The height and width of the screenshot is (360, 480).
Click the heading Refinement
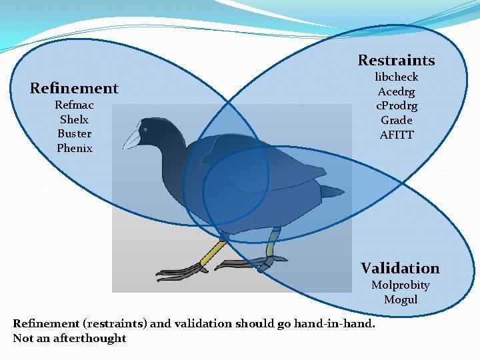point(74,88)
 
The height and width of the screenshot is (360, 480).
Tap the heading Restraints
point(396,60)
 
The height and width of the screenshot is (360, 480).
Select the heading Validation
point(400,268)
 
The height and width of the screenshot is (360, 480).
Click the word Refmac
point(74,105)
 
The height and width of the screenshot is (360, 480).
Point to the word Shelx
point(74,120)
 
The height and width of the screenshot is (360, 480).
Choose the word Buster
point(74,134)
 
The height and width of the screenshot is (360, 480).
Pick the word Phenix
point(74,149)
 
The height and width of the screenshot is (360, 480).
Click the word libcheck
point(396,77)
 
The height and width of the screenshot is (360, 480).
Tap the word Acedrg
point(396,92)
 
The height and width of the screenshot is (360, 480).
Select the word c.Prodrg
point(397,106)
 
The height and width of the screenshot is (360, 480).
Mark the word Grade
point(396,121)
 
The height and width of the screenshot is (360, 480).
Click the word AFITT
point(397,135)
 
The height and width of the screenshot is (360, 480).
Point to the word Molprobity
point(400,285)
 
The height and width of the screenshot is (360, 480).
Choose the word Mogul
point(401,300)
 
